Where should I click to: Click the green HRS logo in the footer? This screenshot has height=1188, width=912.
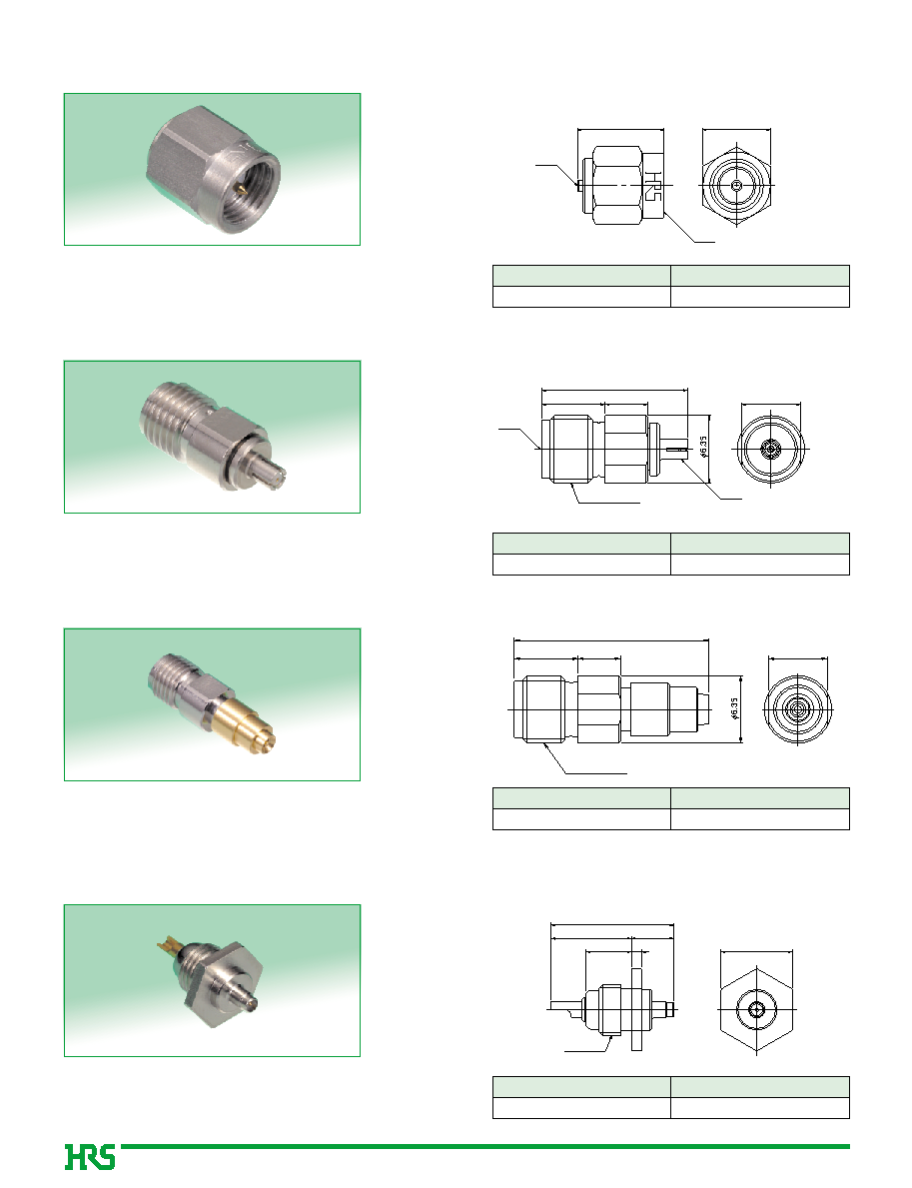coord(89,1157)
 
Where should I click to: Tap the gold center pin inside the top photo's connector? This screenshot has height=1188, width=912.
coord(242,189)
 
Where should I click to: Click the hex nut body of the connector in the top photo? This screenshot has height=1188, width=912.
coord(185,164)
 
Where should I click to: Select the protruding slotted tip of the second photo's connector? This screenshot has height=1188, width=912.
coord(269,475)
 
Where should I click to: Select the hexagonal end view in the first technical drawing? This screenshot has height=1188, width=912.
coord(737,185)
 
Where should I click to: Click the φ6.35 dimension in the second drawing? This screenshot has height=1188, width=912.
coord(703,447)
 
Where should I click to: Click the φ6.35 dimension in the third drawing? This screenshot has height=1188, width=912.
coord(733,709)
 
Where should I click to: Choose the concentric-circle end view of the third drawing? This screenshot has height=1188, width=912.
coord(797,710)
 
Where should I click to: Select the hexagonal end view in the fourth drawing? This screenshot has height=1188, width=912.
coord(756,1009)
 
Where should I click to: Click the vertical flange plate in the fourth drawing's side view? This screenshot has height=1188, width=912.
coord(635,1009)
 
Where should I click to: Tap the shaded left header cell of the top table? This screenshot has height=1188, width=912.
coord(581,276)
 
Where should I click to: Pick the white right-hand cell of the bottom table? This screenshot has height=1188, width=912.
coord(760,1108)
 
